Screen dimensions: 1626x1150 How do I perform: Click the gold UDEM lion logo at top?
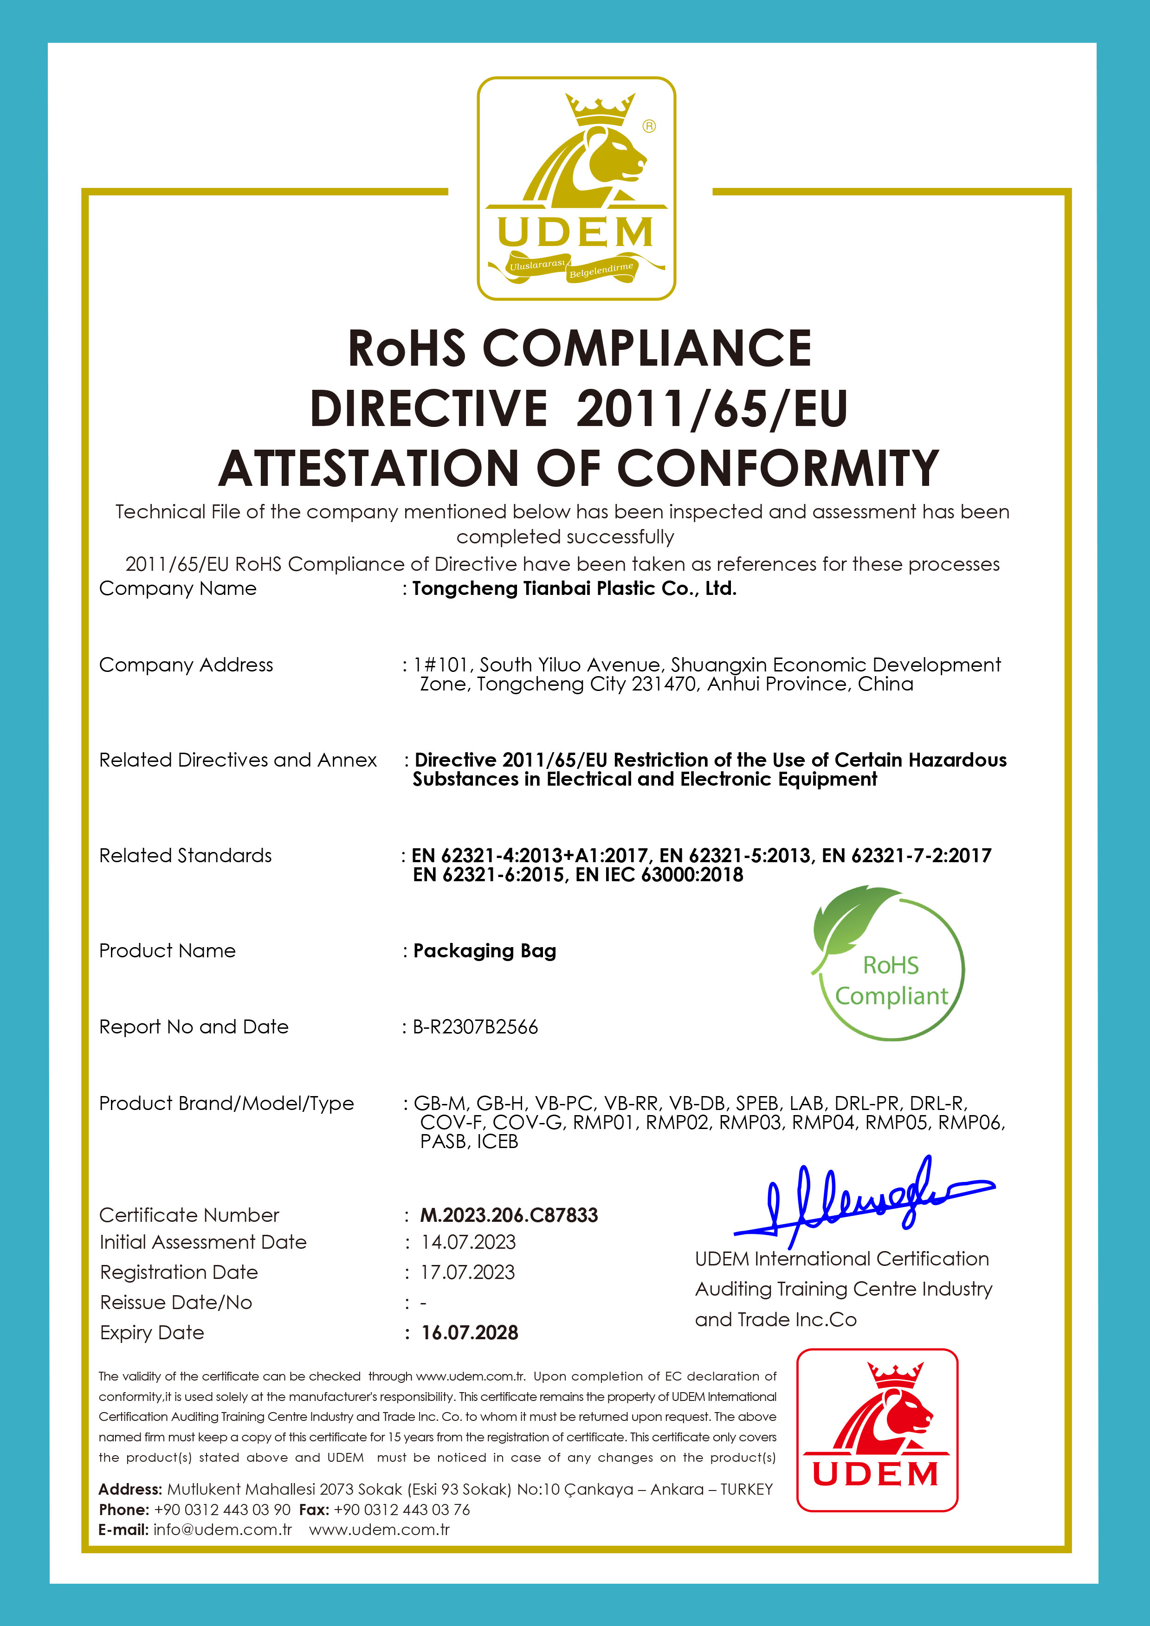coord(576,188)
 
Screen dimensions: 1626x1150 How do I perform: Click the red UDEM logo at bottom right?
coord(877,1429)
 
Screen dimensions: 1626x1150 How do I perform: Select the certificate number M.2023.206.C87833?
coord(509,1215)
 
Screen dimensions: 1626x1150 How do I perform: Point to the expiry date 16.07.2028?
coord(470,1333)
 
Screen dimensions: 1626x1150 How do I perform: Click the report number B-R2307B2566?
coord(475,1027)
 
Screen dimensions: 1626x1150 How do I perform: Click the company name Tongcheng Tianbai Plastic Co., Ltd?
coord(574,588)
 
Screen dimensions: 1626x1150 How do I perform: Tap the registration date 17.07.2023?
coord(467,1272)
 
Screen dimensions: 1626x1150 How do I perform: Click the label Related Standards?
coord(186,856)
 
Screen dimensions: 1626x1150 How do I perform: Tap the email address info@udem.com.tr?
coord(222,1529)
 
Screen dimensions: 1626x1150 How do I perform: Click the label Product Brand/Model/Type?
coord(226,1103)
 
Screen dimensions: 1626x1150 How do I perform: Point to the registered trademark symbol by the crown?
coord(649,126)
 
